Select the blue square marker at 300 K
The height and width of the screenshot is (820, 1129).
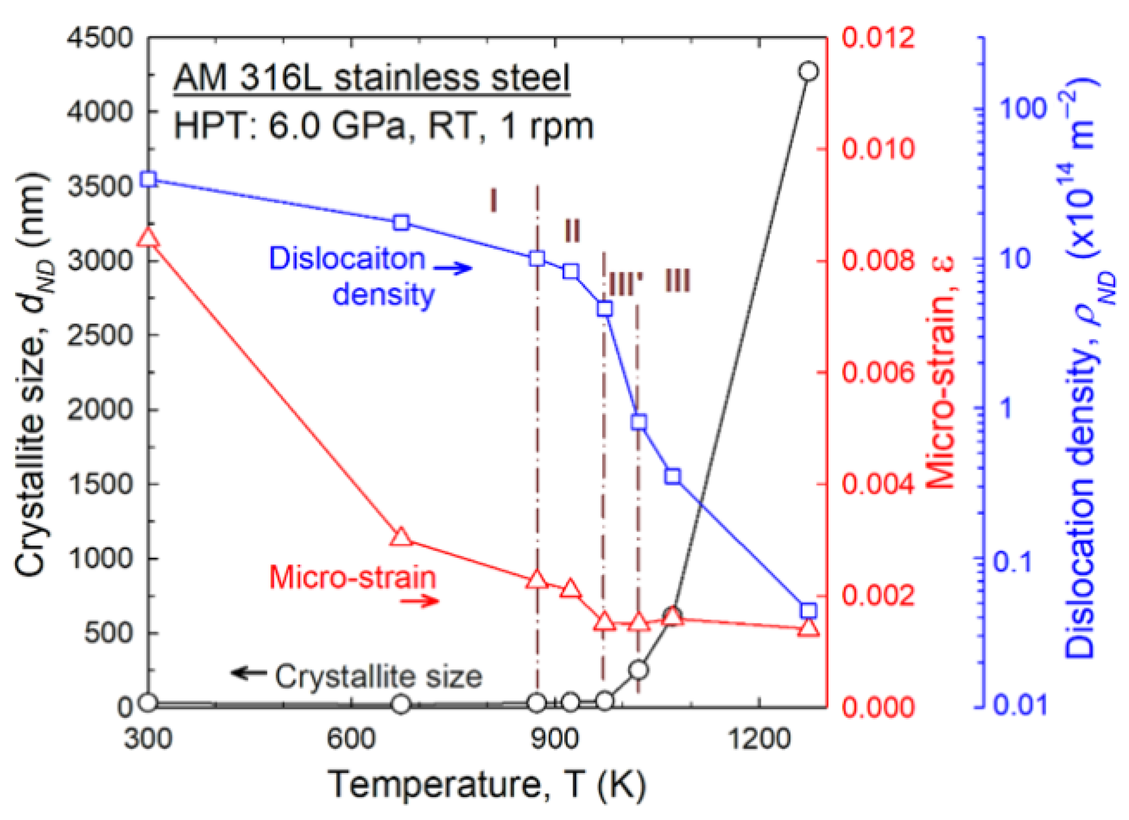[149, 179]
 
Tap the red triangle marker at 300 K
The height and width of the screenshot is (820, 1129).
[148, 238]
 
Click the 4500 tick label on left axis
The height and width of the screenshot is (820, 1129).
[100, 38]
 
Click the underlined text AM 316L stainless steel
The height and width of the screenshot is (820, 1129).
[371, 78]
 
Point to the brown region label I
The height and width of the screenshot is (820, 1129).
[493, 200]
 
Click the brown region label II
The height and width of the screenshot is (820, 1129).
[572, 230]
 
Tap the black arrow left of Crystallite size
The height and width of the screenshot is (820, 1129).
[248, 673]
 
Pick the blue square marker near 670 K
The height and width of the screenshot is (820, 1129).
[401, 223]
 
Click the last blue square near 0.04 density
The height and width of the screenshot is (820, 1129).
[808, 610]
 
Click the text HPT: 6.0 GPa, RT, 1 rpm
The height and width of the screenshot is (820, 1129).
[383, 126]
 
